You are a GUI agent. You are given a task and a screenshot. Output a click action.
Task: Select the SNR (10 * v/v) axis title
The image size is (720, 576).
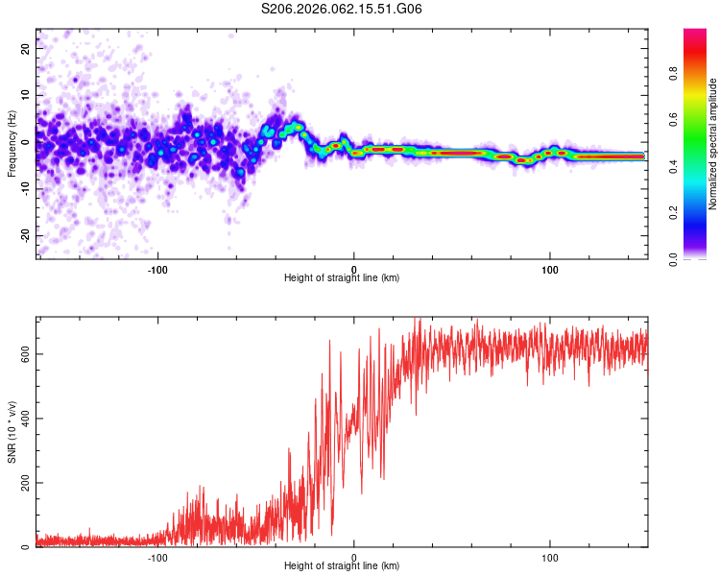tap(12, 432)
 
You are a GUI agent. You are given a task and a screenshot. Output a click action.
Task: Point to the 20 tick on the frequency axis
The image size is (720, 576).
tap(27, 47)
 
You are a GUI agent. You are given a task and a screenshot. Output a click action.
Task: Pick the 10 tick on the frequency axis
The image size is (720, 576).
tap(27, 94)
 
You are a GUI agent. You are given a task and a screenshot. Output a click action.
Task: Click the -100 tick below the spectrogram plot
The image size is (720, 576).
tap(157, 269)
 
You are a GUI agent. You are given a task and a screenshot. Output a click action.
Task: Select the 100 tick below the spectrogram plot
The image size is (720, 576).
tap(550, 269)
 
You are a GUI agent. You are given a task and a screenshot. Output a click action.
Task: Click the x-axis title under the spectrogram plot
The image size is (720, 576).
tap(342, 278)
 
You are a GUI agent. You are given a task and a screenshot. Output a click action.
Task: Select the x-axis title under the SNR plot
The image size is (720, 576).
tap(342, 566)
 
